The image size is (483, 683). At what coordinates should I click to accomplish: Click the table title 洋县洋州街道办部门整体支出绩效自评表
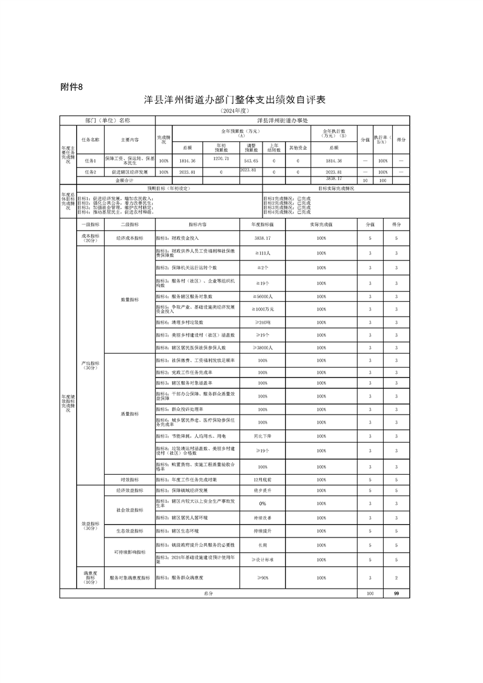[234, 100]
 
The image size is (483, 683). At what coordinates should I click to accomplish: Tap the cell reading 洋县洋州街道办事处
[280, 121]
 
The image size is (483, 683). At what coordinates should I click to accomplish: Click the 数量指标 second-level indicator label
[130, 299]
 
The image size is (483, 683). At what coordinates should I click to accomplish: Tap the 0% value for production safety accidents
[263, 503]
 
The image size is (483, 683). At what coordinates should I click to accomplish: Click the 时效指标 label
[130, 480]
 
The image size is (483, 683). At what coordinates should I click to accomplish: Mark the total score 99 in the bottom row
[397, 593]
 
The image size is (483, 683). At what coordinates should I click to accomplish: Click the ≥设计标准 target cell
[263, 559]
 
